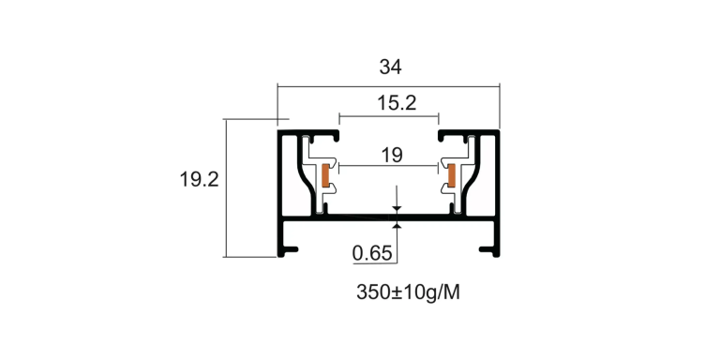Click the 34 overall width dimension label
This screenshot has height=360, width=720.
pos(390,67)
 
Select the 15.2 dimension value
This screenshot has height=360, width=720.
pos(397,103)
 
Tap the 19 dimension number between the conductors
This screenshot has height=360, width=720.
pos(392,156)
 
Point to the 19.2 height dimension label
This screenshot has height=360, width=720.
pos(199,180)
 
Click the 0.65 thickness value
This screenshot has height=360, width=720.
pos(372,253)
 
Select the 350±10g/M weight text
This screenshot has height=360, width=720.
pos(408,292)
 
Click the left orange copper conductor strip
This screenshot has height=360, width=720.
pos(325,175)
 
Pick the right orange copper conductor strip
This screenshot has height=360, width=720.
pos(452,175)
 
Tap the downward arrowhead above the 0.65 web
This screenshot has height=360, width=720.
pos(397,209)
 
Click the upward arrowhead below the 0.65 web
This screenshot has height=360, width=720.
pos(397,225)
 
